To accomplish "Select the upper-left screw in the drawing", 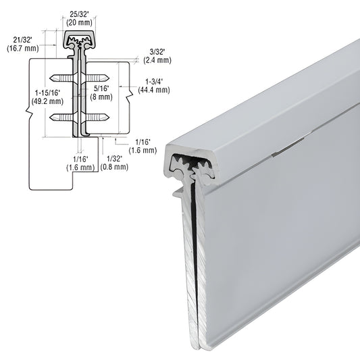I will [66, 76].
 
